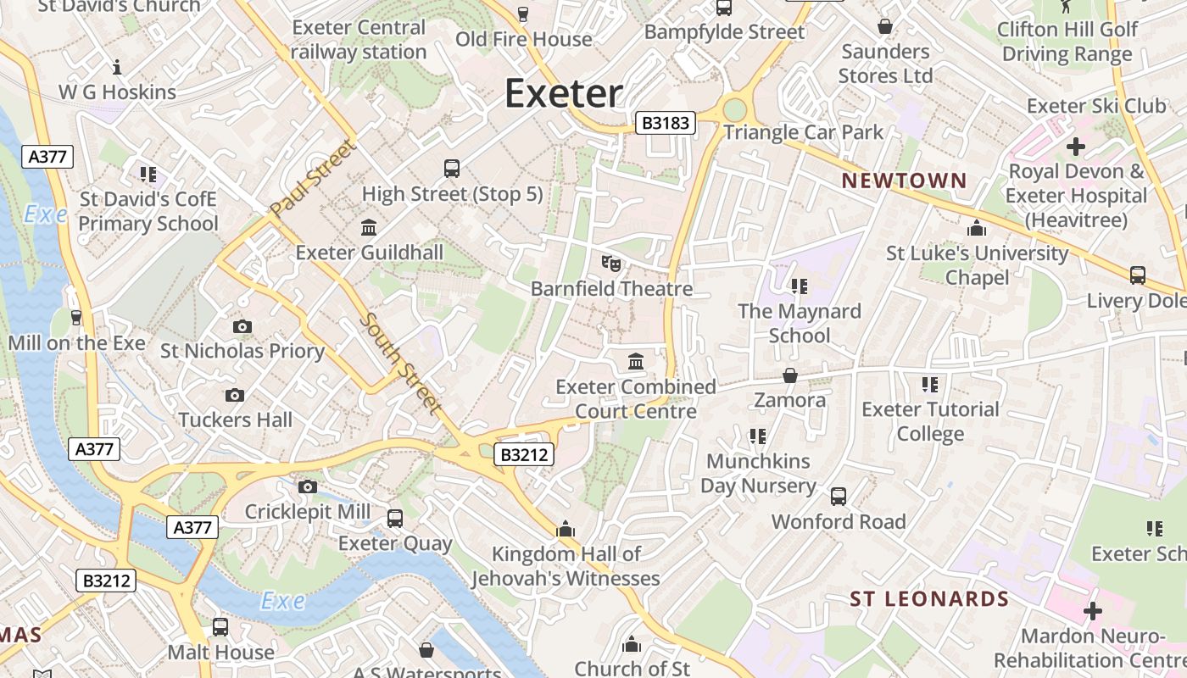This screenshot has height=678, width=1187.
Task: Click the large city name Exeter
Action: click(564, 93)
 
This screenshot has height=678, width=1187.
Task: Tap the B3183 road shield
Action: click(666, 124)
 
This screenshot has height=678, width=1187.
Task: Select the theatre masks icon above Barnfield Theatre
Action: click(610, 264)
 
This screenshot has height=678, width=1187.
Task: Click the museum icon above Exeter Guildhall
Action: click(369, 227)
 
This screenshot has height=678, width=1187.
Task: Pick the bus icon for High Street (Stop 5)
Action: click(452, 169)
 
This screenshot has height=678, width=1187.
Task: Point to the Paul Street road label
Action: click(312, 179)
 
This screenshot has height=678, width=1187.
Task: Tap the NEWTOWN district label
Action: click(904, 181)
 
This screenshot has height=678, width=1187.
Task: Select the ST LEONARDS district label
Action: click(929, 599)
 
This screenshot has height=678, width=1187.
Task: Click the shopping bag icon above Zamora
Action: click(790, 375)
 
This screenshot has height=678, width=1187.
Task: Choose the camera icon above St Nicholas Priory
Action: click(242, 326)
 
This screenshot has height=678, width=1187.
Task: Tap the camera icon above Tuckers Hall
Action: click(235, 395)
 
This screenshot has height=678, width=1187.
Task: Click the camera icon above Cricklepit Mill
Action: click(307, 486)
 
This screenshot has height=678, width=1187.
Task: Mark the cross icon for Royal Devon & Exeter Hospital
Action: click(1075, 147)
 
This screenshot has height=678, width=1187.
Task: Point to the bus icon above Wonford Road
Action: click(839, 497)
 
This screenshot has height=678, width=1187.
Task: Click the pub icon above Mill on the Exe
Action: click(76, 318)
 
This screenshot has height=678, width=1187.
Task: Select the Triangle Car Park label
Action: click(803, 132)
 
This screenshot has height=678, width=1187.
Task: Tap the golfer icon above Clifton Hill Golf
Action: click(1066, 7)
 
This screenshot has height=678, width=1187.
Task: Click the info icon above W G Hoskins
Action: click(117, 67)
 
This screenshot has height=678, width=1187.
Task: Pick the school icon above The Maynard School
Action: click(799, 286)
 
